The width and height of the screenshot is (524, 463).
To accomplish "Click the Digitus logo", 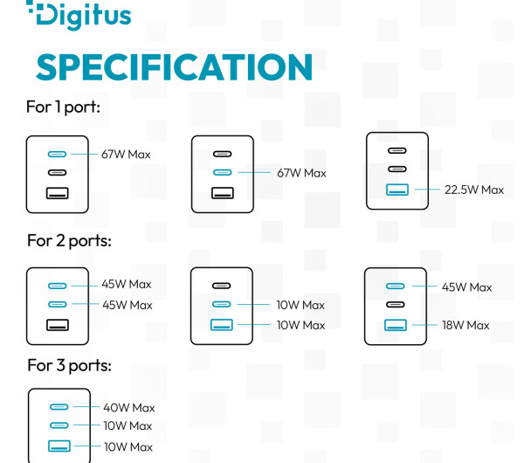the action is [79, 15].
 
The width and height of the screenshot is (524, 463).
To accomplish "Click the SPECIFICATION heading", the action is [174, 67].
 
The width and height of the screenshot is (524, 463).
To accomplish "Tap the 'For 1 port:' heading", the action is [63, 107].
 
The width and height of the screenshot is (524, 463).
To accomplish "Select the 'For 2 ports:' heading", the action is [69, 241].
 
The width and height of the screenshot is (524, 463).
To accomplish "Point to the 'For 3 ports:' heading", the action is [69, 365].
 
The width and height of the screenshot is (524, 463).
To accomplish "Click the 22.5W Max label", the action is [474, 190].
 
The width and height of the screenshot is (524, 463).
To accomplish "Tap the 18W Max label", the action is [465, 325].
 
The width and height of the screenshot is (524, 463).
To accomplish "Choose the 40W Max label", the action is [129, 408].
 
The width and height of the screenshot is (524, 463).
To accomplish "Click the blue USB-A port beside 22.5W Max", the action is [397, 190].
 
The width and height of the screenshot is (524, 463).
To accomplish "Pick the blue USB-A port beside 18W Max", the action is [396, 325].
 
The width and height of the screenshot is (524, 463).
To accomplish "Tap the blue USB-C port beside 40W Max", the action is [59, 407].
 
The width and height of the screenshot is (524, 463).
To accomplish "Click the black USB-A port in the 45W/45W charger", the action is [58, 325].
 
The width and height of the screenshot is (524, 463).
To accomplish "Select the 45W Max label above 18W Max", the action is [467, 287].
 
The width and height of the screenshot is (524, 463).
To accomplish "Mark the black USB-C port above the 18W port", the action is [396, 305].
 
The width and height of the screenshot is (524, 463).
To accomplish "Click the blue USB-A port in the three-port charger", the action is [59, 446].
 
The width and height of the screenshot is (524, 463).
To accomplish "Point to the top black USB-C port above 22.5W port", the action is [397, 151].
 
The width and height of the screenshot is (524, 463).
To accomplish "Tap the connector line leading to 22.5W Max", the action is [427, 190].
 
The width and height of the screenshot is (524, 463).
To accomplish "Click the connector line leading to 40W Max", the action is [86, 407].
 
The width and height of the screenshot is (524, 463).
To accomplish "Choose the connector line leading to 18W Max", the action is [424, 325].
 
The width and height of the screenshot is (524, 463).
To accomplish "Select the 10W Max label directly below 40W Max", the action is [128, 426].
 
